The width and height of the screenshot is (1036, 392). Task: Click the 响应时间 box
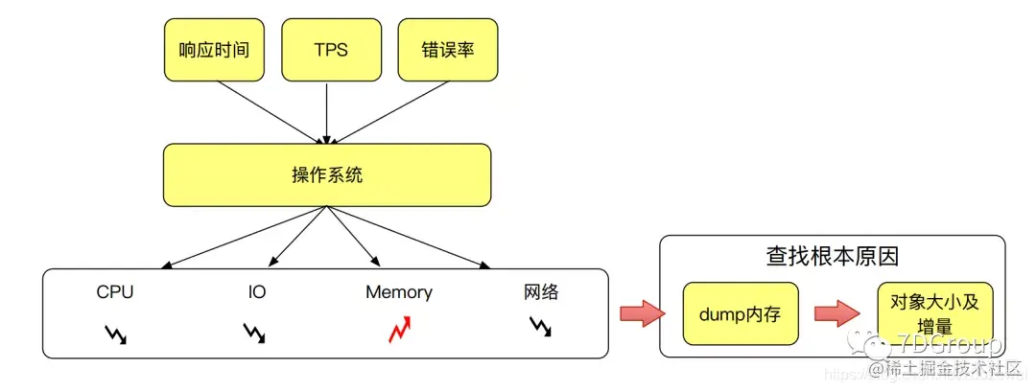[214, 49]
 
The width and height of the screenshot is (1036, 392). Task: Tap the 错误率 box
[447, 49]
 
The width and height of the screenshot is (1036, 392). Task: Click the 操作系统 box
[327, 175]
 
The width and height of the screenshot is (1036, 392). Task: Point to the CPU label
[115, 292]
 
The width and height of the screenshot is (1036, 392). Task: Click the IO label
[256, 292]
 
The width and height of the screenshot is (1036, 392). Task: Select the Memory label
[399, 292]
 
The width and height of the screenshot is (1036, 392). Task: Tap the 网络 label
[541, 292]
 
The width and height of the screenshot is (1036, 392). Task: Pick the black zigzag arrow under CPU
[115, 333]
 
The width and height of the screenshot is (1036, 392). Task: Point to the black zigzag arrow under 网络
[541, 328]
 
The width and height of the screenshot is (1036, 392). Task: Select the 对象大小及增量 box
[933, 314]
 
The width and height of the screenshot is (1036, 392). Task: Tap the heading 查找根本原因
[832, 257]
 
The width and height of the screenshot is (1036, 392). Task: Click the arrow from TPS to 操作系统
[327, 112]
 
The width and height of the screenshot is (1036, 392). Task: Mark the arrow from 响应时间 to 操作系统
[271, 112]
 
